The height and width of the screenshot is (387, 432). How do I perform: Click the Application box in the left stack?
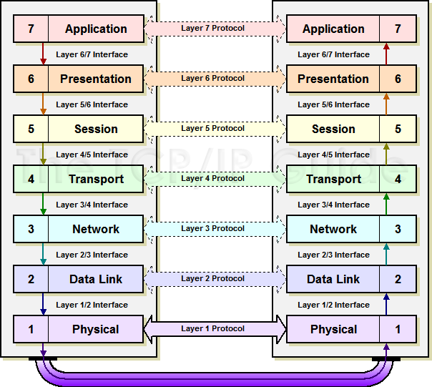pyautogui.click(x=95, y=29)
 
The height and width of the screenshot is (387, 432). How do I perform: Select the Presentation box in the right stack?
pyautogui.click(x=333, y=79)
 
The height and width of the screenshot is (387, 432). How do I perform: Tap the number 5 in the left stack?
pyautogui.click(x=31, y=129)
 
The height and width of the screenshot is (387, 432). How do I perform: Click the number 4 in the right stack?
pyautogui.click(x=398, y=180)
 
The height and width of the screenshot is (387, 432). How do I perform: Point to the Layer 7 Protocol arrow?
pyautogui.click(x=215, y=29)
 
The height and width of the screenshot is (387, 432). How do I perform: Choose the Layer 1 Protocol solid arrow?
pyautogui.click(x=215, y=329)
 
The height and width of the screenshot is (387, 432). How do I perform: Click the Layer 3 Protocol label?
pyautogui.click(x=213, y=229)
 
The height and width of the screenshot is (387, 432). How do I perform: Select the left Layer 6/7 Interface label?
pyautogui.click(x=92, y=54)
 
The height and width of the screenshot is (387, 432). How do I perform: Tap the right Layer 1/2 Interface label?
pyautogui.click(x=334, y=305)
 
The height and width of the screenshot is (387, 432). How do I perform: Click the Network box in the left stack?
pyautogui.click(x=95, y=230)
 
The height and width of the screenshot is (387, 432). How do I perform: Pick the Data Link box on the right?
pyautogui.click(x=333, y=280)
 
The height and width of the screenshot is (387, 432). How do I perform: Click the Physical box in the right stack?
pyautogui.click(x=333, y=330)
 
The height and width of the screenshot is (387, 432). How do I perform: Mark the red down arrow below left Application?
pyautogui.click(x=43, y=54)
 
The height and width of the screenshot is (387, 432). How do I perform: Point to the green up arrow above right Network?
pyautogui.click(x=387, y=205)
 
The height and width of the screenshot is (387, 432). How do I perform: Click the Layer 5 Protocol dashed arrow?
pyautogui.click(x=215, y=129)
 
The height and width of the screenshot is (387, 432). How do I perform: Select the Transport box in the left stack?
pyautogui.click(x=95, y=180)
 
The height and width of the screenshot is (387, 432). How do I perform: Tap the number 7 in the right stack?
pyautogui.click(x=398, y=29)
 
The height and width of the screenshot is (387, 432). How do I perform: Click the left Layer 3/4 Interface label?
pyautogui.click(x=92, y=205)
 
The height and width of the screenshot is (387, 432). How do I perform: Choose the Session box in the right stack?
pyautogui.click(x=333, y=129)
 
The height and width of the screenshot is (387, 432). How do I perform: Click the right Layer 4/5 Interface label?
pyautogui.click(x=334, y=155)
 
